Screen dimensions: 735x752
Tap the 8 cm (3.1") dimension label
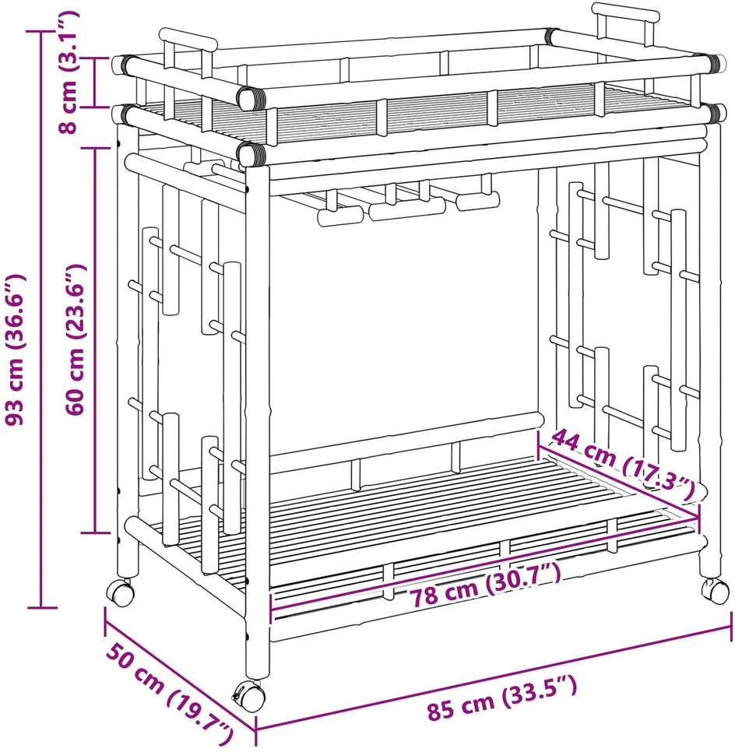(x=67, y=72)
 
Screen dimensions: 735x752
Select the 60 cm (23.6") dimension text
(x=76, y=339)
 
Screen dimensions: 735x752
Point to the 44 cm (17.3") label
(x=623, y=466)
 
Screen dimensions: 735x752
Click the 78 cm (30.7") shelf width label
(x=484, y=585)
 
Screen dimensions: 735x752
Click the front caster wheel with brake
(x=249, y=695)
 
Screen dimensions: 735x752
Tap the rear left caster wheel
(x=121, y=592)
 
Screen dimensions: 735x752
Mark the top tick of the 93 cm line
(x=42, y=32)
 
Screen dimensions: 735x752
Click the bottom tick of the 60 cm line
(x=95, y=532)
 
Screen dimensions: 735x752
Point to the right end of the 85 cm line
(x=731, y=627)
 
